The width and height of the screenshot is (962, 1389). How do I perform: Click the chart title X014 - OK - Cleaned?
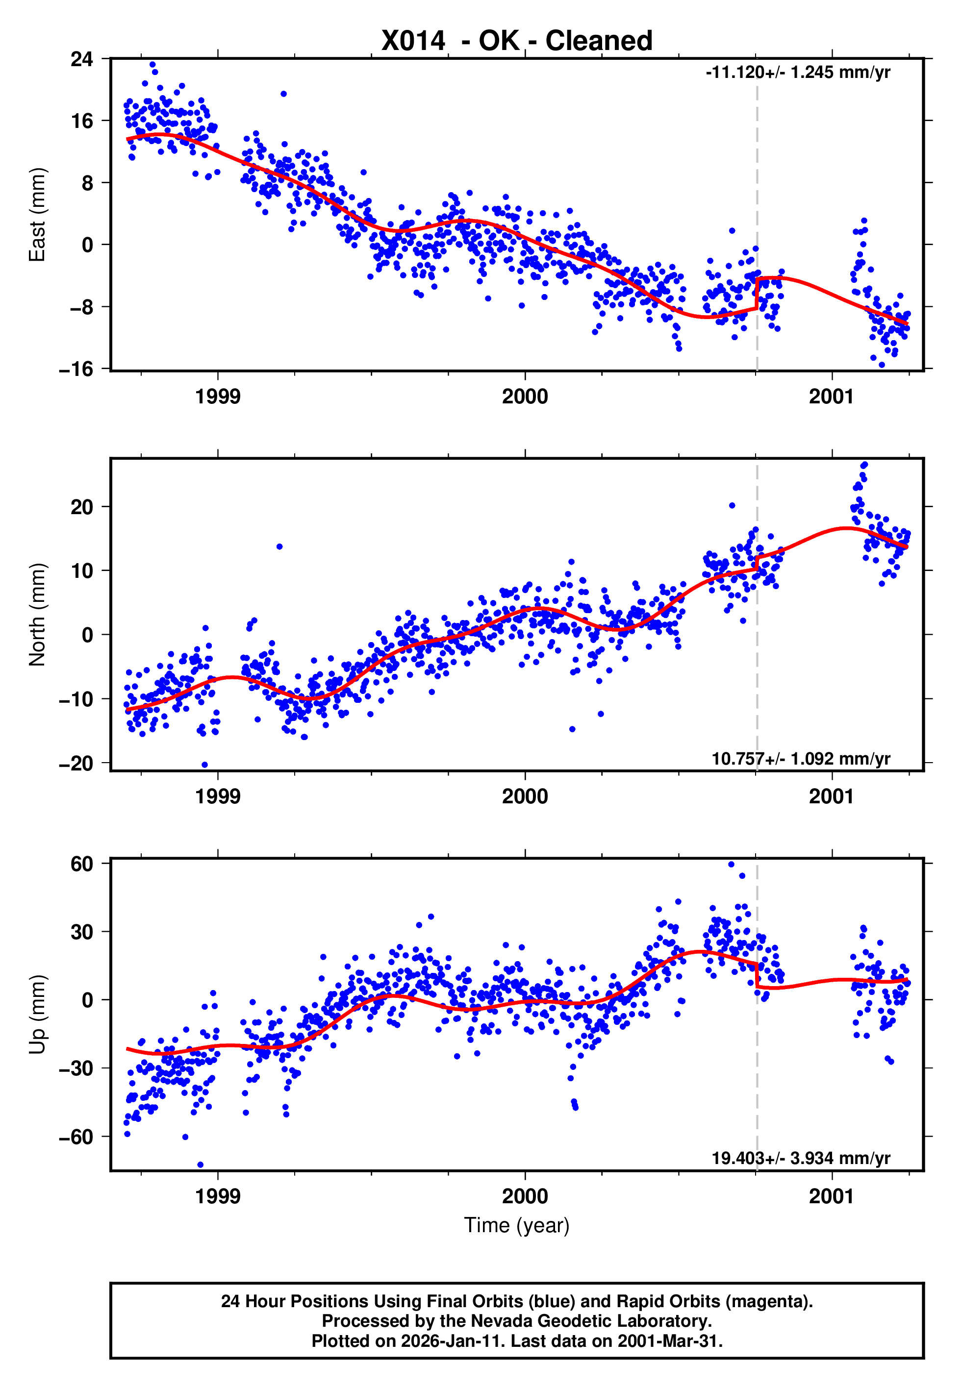click(517, 41)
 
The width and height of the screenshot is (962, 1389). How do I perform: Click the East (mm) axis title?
click(37, 215)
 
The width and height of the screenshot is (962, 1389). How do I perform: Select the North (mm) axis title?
click(37, 615)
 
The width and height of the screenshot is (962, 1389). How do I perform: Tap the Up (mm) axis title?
click(37, 1015)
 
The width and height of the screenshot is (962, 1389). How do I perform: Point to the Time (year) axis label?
click(517, 1225)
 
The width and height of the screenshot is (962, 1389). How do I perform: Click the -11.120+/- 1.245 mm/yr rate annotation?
click(797, 72)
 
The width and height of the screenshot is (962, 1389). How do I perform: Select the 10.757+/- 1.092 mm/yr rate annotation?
click(801, 758)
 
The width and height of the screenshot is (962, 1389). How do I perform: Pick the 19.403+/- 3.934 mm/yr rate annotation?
click(801, 1158)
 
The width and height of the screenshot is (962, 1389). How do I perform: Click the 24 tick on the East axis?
click(82, 59)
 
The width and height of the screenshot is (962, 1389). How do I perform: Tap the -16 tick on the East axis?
click(76, 369)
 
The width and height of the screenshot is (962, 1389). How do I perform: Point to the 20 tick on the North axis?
click(82, 507)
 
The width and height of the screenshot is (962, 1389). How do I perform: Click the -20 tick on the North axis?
click(76, 763)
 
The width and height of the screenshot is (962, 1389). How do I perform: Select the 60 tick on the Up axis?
click(82, 864)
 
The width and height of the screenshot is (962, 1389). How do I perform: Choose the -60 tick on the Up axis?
click(76, 1137)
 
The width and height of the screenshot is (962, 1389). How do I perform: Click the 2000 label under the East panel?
click(525, 397)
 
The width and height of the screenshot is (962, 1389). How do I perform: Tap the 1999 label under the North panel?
click(218, 796)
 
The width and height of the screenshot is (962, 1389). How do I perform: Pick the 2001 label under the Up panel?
click(831, 1196)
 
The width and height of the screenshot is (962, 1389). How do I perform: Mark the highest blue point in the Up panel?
click(731, 865)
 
